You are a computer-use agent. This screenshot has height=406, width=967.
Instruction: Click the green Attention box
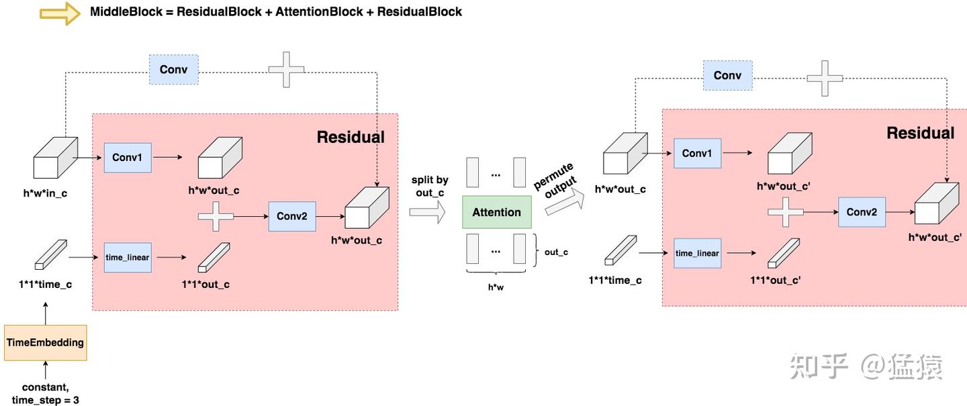pos(496,212)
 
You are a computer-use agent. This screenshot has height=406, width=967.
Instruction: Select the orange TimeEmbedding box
pos(45,342)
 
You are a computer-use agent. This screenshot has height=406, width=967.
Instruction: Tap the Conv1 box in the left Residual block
pos(127,158)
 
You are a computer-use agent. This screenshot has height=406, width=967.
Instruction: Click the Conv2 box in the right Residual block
pos(862,212)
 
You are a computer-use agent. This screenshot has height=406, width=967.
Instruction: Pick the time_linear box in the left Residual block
pos(127,257)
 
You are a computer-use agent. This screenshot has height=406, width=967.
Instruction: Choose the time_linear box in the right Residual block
pos(697,253)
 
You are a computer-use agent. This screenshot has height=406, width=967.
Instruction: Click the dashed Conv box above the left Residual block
pos(173,70)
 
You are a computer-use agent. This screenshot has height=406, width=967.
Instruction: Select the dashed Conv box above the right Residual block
pos(727,75)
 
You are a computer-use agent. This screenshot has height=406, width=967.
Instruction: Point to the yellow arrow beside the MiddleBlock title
pos(60,13)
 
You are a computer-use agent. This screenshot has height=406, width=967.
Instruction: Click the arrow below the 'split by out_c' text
pos(427,213)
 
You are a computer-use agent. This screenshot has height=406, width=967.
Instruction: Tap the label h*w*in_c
pos(45,193)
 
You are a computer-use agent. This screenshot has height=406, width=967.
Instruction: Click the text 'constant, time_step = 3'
pos(46,393)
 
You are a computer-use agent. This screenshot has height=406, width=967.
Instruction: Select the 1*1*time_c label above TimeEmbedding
pos(45,284)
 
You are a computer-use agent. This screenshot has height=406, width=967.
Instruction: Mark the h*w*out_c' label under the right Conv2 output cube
pos(935,237)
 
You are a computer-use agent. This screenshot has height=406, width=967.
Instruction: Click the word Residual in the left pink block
pos(351,137)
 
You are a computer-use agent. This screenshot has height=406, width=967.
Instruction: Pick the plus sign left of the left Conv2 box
pos(216,216)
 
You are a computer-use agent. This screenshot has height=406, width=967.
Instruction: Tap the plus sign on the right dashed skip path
pos(824,78)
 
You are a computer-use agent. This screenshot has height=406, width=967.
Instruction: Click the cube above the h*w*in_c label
pos(56,158)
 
